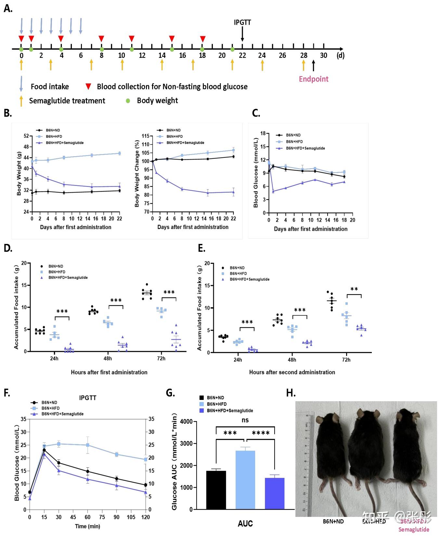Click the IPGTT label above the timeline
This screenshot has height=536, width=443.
click(x=242, y=22)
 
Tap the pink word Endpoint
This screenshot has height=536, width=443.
click(x=314, y=79)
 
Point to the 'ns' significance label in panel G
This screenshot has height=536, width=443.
click(x=245, y=420)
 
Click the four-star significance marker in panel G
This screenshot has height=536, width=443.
click(x=261, y=433)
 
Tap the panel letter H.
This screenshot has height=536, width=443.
click(x=291, y=393)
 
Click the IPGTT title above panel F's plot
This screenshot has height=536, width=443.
click(x=88, y=398)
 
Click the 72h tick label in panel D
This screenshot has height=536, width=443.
click(x=161, y=359)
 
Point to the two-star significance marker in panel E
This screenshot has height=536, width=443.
click(x=354, y=289)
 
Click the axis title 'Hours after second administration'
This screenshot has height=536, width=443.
click(x=292, y=372)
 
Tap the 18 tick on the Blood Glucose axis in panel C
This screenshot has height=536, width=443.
click(x=263, y=134)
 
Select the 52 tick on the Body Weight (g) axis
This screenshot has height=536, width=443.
click(x=26, y=136)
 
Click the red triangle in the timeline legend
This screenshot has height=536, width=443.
click(x=88, y=86)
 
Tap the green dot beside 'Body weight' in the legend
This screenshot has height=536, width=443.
click(x=128, y=101)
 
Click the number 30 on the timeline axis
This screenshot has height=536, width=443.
click(x=323, y=56)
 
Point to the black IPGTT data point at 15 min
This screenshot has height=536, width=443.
click(x=44, y=450)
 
